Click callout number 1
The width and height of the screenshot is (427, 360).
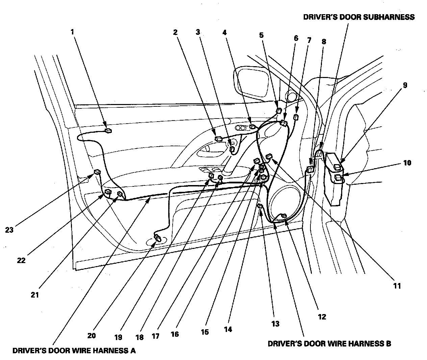coord(72,32)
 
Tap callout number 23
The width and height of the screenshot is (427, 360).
coord(9,230)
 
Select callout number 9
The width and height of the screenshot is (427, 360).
coord(405,85)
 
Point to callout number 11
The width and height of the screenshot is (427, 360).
coord(397,286)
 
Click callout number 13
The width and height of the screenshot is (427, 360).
coord(275,324)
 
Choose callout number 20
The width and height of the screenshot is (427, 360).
coord(92,336)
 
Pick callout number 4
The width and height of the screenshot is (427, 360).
coord(224,32)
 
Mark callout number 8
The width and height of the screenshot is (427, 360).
coord(324,42)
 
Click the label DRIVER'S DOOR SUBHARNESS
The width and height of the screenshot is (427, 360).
coord(359,17)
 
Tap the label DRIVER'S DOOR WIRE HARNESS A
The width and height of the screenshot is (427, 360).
coord(74,351)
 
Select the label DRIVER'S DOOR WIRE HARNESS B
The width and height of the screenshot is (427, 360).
coord(329,344)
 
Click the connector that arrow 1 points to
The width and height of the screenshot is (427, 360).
coord(108,131)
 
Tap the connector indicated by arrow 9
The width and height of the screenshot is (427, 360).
coord(337,166)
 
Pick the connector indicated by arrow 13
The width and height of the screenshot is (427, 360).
coord(260,206)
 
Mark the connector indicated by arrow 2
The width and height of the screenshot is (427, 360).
coord(218,138)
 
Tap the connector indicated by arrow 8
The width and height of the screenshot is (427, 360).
coord(311,169)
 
